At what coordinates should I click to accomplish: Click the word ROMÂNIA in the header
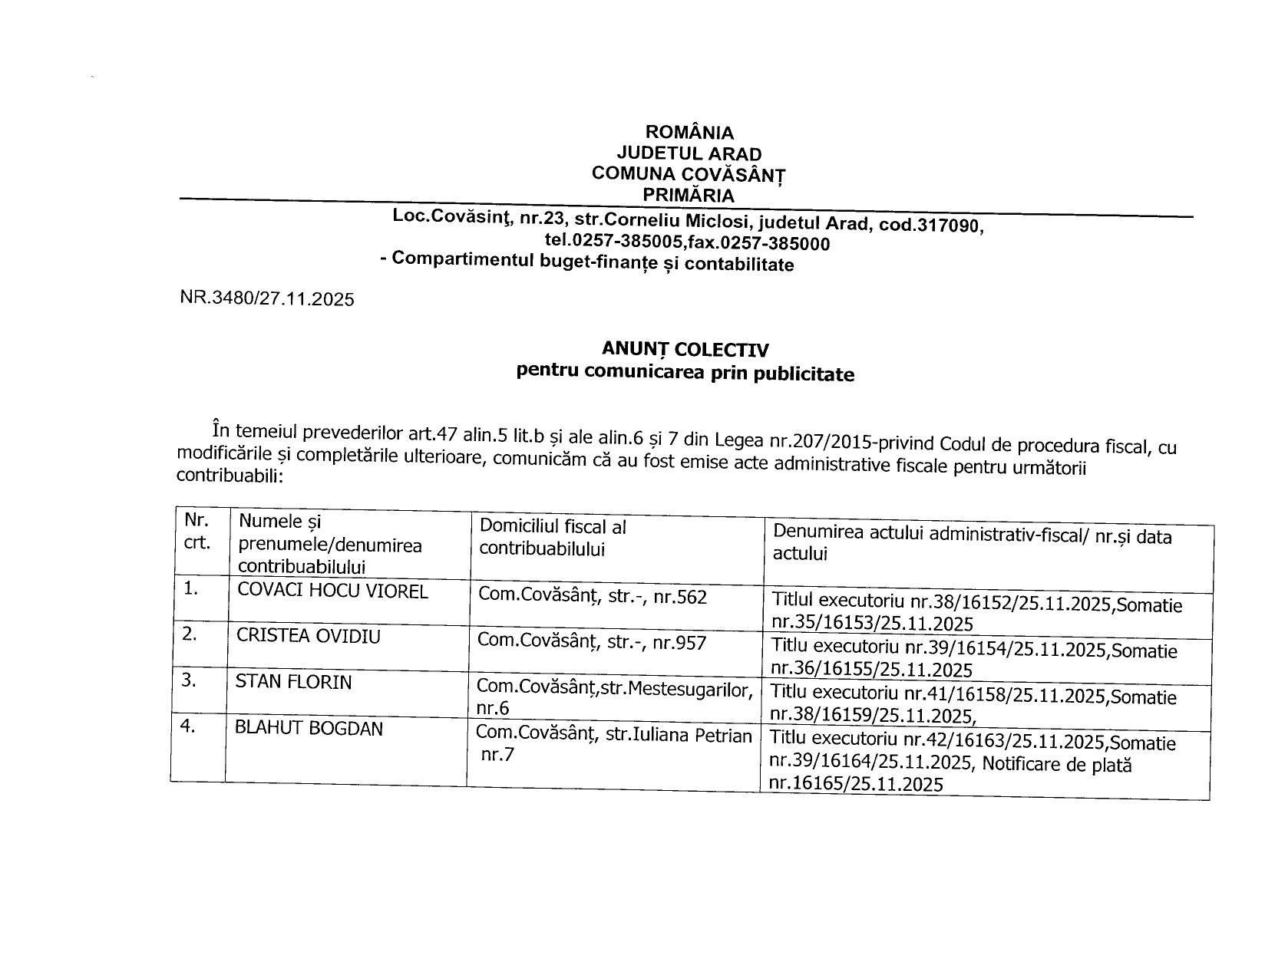689,133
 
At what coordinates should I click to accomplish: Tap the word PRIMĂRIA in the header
689,195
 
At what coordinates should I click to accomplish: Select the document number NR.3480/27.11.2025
267,298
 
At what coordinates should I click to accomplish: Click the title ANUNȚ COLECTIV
685,350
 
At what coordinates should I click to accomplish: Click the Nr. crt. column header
197,531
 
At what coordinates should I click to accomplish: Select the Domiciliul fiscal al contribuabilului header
553,538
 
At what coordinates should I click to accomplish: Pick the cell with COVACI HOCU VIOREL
332,591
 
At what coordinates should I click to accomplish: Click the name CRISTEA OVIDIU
309,637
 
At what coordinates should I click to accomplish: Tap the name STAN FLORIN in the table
293,681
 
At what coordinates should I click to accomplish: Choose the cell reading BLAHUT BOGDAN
309,728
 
